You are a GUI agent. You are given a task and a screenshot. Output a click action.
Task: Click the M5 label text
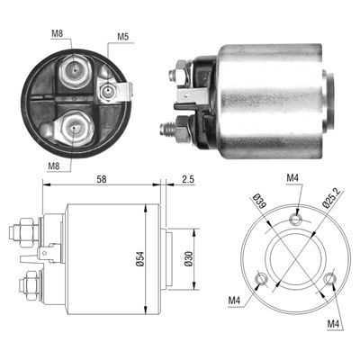coord(123,37)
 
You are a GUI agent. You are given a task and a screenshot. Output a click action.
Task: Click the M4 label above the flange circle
coord(292,179)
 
